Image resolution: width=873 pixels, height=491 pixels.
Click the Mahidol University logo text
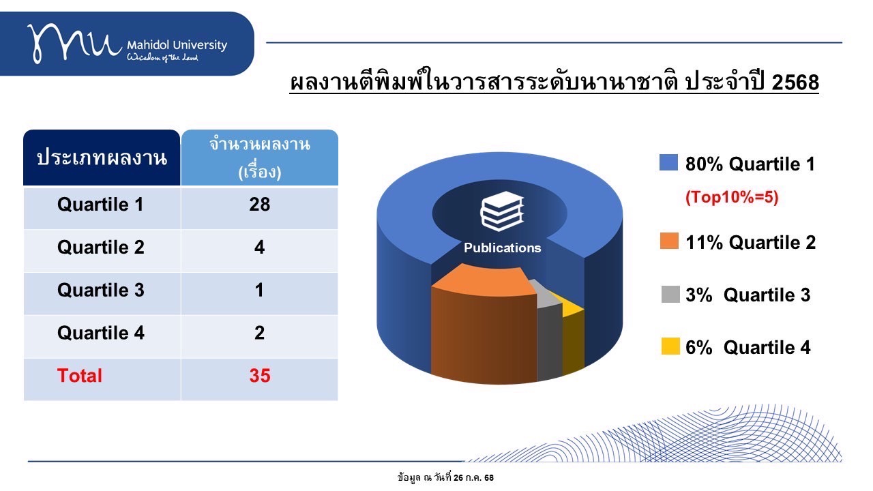(177, 45)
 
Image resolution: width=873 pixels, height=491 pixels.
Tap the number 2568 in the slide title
(795, 83)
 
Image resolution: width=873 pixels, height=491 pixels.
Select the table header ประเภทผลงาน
(102, 158)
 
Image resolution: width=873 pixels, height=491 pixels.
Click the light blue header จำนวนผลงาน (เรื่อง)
(260, 158)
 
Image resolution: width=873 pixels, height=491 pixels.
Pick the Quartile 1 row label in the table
(100, 205)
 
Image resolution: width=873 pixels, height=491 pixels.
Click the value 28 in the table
(260, 205)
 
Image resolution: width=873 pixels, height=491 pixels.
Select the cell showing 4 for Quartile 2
(260, 248)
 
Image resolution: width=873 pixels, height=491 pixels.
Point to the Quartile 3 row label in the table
(100, 291)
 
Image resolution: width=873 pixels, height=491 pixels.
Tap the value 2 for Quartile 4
(260, 333)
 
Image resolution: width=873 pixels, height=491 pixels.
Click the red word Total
(80, 376)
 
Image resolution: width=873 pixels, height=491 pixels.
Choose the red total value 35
(260, 376)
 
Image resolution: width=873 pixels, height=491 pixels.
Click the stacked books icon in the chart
(502, 211)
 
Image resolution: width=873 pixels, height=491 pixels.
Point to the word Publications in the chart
(503, 248)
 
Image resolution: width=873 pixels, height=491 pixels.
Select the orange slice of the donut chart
(484, 323)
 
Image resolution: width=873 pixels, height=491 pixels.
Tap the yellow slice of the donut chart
(573, 335)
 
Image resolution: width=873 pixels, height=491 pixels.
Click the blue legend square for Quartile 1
(669, 162)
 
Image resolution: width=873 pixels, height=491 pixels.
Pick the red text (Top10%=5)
(732, 197)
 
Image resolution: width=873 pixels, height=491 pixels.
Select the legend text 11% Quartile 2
(751, 242)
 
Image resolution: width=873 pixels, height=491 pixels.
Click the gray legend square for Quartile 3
(670, 294)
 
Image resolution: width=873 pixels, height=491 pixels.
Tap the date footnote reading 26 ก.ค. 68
(473, 477)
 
